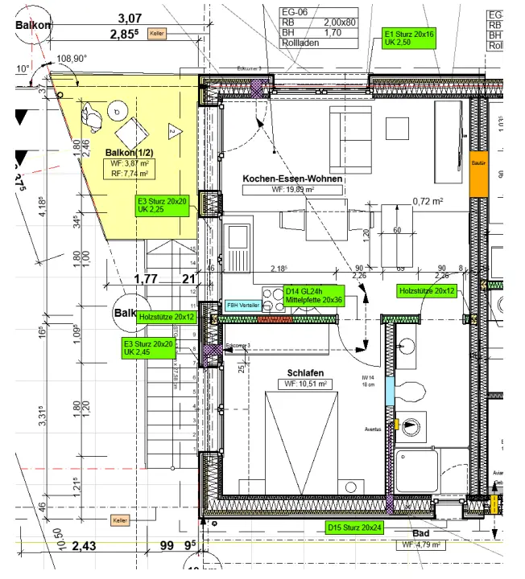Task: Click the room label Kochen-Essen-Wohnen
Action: [292, 178]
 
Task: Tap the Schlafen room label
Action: [305, 372]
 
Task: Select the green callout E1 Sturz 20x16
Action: [408, 38]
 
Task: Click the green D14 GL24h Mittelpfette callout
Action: [314, 296]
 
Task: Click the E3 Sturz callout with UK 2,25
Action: [162, 205]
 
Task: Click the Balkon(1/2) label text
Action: [130, 153]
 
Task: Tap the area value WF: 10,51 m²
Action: [305, 384]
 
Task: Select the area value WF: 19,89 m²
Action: [292, 190]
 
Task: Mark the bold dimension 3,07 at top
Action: [130, 18]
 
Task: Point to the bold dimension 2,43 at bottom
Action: [85, 547]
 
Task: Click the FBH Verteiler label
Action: [243, 305]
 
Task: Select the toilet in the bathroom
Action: [413, 393]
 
